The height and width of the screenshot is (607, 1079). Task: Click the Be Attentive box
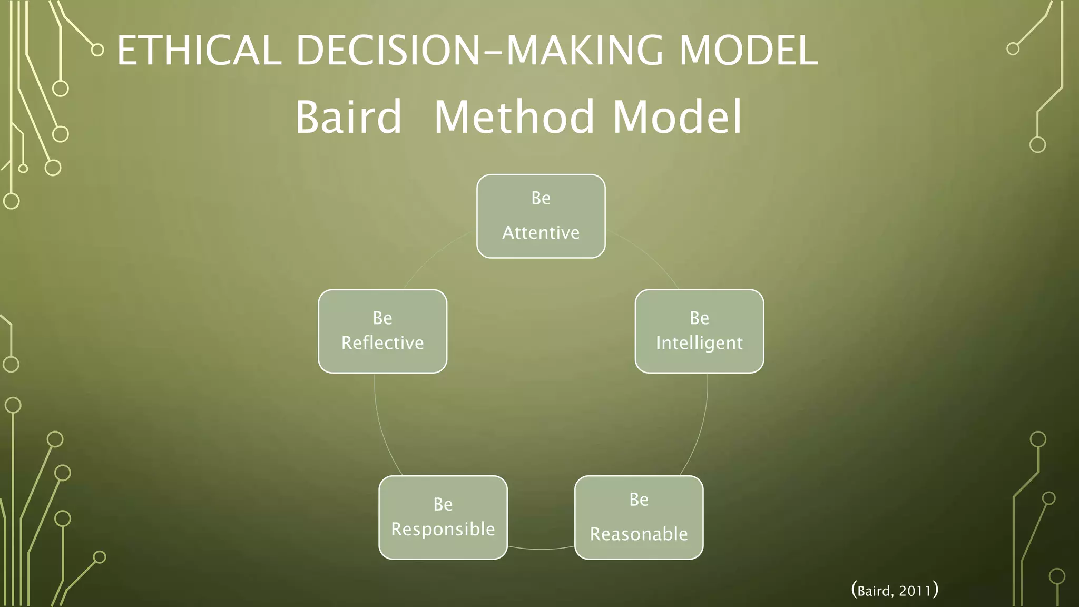point(541,216)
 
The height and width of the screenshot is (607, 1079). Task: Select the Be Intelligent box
point(699,331)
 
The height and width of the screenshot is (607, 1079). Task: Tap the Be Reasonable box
point(639,517)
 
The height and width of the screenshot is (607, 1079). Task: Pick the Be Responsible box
point(443,517)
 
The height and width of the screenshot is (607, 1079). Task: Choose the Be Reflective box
point(382,331)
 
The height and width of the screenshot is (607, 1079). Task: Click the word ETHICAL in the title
point(199,51)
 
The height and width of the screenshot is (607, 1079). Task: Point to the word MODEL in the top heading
point(748,51)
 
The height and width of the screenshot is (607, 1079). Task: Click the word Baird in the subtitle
point(348,117)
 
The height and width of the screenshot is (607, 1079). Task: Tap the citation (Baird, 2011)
point(895,590)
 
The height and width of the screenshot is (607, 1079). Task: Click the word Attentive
point(541,232)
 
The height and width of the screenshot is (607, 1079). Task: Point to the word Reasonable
point(639,534)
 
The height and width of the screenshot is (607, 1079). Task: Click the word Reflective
point(382,343)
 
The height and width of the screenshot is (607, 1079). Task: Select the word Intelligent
point(699,343)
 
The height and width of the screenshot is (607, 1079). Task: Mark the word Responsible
point(443,529)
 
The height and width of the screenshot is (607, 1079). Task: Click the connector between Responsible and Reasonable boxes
point(541,549)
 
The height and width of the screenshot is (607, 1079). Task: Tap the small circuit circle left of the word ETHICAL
point(97,50)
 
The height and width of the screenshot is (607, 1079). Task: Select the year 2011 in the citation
point(915,591)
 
